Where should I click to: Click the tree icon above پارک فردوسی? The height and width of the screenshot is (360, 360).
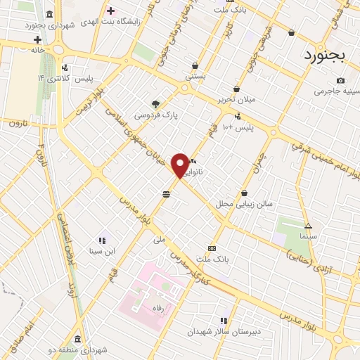pyautogui.click(x=155, y=103)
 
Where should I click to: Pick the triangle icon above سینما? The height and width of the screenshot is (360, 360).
pyautogui.click(x=308, y=226)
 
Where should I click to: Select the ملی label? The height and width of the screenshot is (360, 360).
pyautogui.click(x=160, y=239)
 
